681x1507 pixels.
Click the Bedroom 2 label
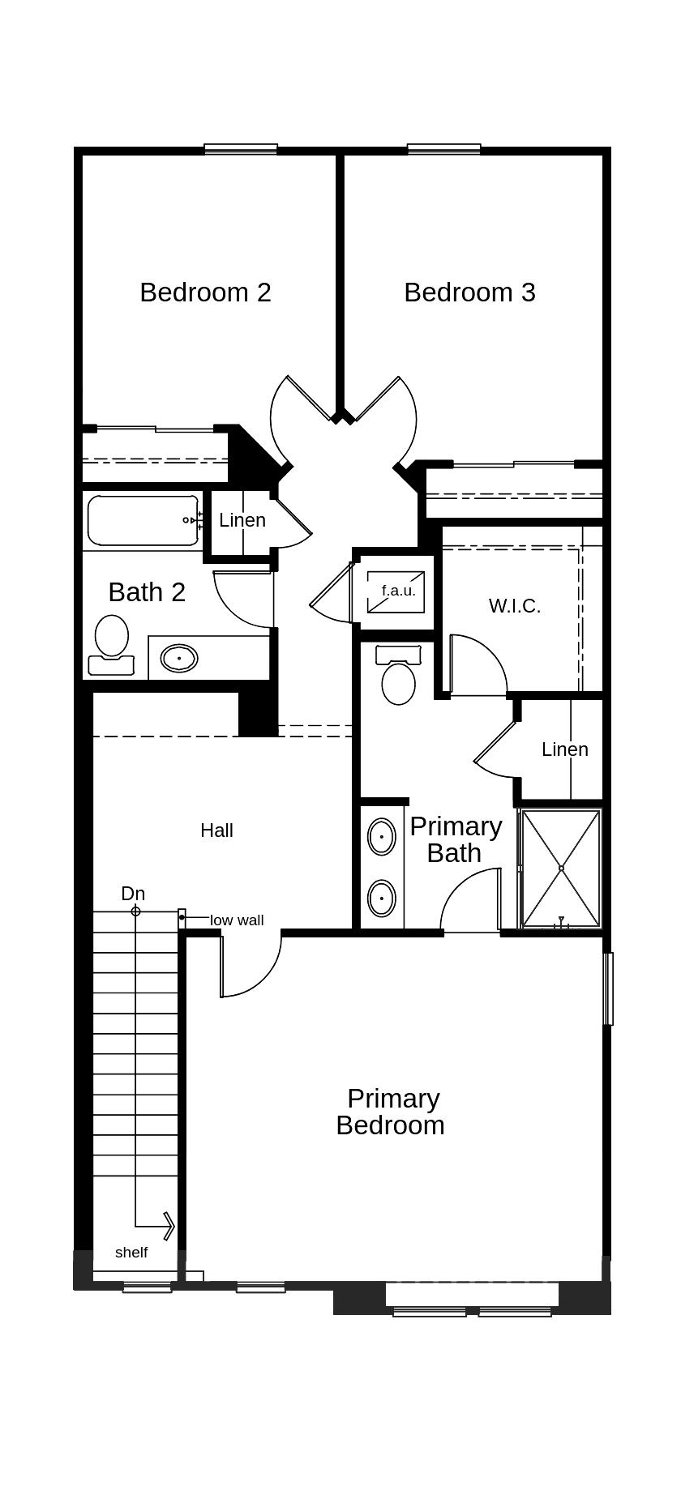205,292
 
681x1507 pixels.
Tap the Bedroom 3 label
469,292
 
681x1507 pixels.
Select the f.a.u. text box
397,591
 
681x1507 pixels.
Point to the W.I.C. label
514,606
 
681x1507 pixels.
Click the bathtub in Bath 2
143,520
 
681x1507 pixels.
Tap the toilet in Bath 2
111,643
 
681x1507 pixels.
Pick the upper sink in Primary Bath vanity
381,836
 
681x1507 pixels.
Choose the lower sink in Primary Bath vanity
381,898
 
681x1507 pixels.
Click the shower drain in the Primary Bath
561,868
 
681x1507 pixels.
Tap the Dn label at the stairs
133,894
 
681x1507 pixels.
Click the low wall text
237,920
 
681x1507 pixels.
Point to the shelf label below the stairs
131,1253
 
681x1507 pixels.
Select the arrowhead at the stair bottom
168,1225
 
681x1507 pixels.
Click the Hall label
216,830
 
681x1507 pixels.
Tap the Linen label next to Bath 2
242,520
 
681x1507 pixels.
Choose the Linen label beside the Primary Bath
565,749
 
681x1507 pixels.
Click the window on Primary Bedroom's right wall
608,988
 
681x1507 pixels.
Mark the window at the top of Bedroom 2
241,149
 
